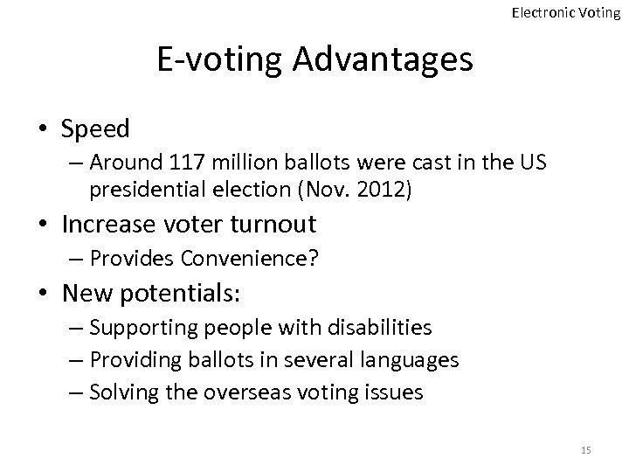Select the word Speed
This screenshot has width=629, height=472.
click(x=95, y=129)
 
